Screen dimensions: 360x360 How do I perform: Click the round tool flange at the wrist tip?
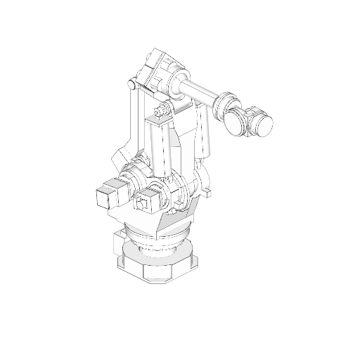[x=264, y=126]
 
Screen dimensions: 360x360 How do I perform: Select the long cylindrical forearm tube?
[x=203, y=91]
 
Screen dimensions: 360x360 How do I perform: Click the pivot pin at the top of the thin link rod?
[x=130, y=85]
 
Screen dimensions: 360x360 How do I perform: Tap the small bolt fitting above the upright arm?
[x=162, y=110]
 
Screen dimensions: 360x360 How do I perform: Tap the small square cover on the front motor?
[x=145, y=205]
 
